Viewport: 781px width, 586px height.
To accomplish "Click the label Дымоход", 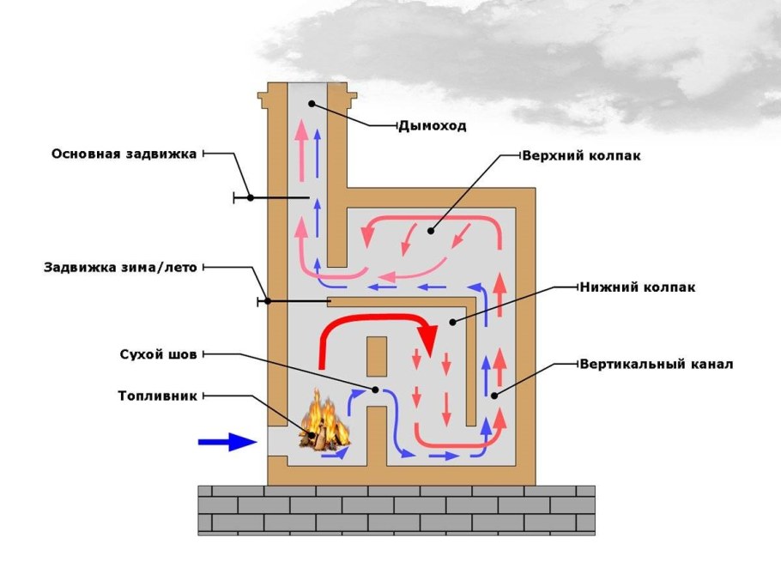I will click(x=432, y=126).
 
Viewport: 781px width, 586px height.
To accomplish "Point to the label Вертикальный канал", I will click(x=656, y=364).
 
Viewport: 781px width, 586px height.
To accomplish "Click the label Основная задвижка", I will click(x=124, y=154).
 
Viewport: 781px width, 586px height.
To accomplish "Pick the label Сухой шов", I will click(x=158, y=353).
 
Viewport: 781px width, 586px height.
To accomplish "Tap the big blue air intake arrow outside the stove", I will click(x=227, y=442).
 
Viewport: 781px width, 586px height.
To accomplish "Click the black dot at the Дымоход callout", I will click(x=312, y=104).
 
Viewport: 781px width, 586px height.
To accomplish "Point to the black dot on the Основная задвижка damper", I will click(x=250, y=197).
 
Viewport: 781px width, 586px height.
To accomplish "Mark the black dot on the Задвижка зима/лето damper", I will click(x=269, y=301).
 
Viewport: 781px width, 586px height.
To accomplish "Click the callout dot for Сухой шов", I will click(x=375, y=390).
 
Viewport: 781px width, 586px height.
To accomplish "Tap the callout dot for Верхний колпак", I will click(x=431, y=231).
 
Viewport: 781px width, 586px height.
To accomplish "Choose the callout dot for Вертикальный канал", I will click(x=494, y=396).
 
